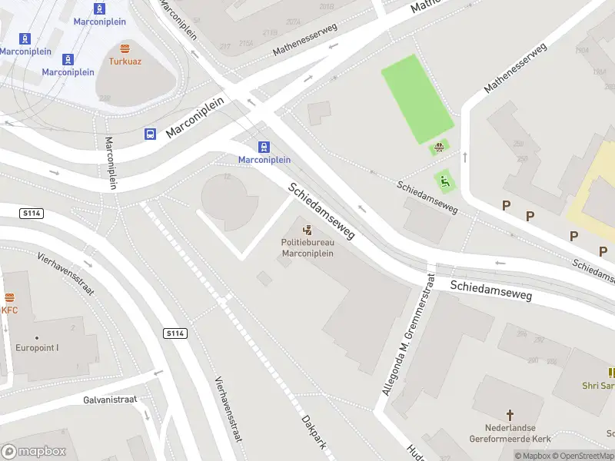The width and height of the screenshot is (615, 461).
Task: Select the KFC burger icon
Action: pyautogui.click(x=9, y=298)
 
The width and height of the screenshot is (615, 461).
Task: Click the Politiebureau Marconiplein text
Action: pyautogui.click(x=307, y=248)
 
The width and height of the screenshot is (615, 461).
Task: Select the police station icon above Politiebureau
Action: pyautogui.click(x=307, y=230)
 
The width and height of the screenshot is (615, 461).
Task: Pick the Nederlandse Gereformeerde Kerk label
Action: pyautogui.click(x=509, y=433)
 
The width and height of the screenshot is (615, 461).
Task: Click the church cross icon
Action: pyautogui.click(x=509, y=415)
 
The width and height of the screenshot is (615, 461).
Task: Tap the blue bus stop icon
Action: pyautogui.click(x=150, y=134)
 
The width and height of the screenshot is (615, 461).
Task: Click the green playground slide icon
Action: pyautogui.click(x=445, y=181)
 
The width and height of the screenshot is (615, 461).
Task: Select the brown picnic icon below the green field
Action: pyautogui.click(x=440, y=148)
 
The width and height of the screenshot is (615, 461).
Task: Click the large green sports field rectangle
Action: pyautogui.click(x=417, y=98)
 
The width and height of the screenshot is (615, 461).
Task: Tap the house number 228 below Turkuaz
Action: pyautogui.click(x=105, y=98)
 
